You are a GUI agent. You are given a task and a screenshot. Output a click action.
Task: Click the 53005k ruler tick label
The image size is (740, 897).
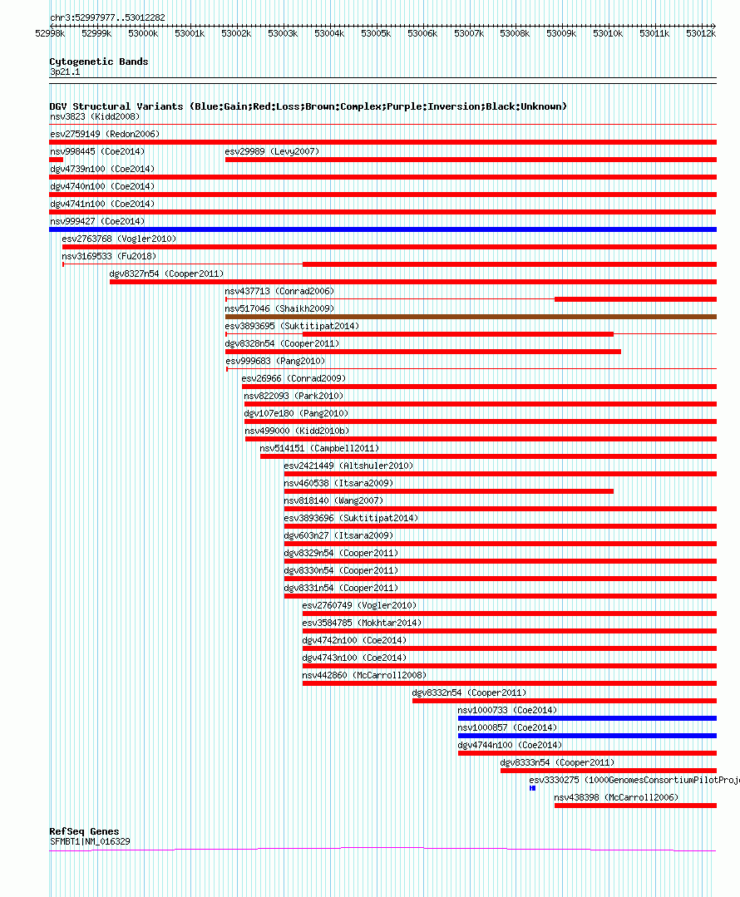tap(375, 33)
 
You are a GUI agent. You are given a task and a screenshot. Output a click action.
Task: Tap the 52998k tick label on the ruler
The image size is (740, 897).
tap(49, 33)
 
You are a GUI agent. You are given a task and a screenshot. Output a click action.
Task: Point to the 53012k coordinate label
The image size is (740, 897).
tap(701, 33)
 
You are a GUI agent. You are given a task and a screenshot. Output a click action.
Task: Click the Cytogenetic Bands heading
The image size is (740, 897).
tap(98, 62)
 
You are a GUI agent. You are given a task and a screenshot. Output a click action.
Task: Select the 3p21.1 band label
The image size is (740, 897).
tap(66, 72)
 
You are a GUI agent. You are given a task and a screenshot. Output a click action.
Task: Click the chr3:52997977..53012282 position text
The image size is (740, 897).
tap(107, 17)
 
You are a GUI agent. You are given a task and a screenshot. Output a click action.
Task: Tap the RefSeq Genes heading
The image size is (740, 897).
tap(84, 831)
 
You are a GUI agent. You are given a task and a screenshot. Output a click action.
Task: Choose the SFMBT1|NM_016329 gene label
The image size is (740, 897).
tap(90, 841)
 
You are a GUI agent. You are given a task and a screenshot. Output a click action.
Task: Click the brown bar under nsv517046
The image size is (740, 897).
tap(470, 317)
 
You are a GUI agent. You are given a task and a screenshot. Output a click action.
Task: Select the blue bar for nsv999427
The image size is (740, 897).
tap(382, 229)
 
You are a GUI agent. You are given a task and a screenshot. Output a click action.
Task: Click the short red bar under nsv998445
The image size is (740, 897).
tap(56, 160)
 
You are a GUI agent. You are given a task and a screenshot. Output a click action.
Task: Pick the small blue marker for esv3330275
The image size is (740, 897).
tap(532, 788)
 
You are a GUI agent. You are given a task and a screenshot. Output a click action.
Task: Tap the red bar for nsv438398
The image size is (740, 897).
tap(634, 806)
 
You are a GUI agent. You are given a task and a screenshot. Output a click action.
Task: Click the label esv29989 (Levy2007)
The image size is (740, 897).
tap(272, 151)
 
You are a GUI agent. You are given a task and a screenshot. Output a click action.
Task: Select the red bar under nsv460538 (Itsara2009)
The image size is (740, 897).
tap(448, 491)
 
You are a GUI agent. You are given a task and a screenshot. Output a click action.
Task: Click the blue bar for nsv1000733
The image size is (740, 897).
tap(586, 718)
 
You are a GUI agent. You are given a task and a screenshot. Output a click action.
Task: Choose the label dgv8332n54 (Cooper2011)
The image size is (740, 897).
tap(469, 692)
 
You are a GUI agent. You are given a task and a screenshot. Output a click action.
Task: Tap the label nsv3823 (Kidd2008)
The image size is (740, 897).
tap(95, 116)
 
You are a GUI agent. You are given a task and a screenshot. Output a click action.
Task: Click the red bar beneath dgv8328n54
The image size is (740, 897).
tap(422, 352)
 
